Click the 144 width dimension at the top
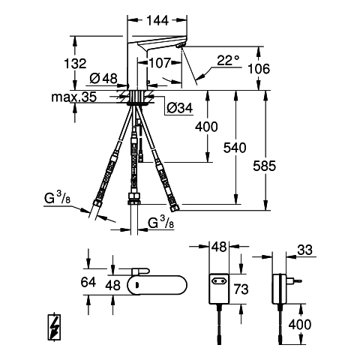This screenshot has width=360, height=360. click(x=157, y=20)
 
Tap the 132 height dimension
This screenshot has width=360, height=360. click(x=75, y=63)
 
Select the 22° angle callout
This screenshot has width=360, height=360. click(x=228, y=60)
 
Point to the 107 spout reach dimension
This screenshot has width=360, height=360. click(x=160, y=63)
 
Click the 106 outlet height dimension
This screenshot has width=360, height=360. click(x=259, y=69)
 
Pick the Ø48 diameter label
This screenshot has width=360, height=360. click(x=103, y=79)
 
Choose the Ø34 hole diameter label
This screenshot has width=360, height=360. click(x=180, y=108)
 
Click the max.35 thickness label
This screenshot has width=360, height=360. click(x=74, y=97)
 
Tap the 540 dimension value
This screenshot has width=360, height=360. click(x=235, y=148)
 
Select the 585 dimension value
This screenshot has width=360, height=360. click(x=264, y=166)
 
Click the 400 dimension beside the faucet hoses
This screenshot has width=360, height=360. click(x=206, y=127)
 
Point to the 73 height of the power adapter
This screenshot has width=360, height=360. click(x=241, y=289)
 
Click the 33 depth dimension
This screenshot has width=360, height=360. click(x=305, y=250)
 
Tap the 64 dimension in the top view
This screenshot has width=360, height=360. click(x=88, y=282)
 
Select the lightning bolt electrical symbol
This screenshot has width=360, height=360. click(x=55, y=326)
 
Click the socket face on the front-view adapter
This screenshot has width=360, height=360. click(x=219, y=281)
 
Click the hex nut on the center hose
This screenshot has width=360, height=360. click(x=133, y=199)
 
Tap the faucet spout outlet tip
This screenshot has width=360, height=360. click(x=179, y=46)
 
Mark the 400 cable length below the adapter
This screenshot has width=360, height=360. click(x=300, y=325)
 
